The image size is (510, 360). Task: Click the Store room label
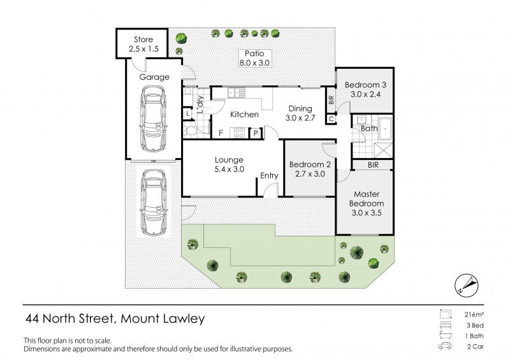click(x=143, y=43)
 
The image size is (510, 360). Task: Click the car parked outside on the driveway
click(x=154, y=201)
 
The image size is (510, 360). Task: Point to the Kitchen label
click(x=244, y=115)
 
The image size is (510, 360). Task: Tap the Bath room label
click(x=369, y=128)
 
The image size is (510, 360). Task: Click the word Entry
click(x=269, y=176)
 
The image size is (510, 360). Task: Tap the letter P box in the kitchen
click(x=256, y=133)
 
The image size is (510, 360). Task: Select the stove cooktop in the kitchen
click(x=240, y=133)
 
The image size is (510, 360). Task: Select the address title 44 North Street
click(x=115, y=318)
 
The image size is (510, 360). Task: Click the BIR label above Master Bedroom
click(x=374, y=164)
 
